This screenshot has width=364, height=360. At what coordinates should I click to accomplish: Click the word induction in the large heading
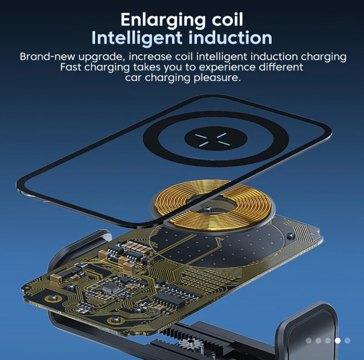coord(230,37)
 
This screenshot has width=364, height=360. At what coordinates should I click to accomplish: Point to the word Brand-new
coord(48,57)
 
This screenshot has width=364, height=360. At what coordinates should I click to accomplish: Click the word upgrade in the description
coord(102,57)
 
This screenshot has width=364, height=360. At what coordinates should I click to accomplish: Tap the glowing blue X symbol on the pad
coord(212,140)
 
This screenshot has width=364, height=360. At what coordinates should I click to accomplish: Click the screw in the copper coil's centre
coord(208,210)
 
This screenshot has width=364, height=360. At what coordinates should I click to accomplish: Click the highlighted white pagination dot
coord(337,340)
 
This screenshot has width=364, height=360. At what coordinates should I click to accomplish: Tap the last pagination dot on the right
coord(347,340)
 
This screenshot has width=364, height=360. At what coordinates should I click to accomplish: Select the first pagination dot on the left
coord(309,340)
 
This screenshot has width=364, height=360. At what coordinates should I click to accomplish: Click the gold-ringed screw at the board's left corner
coord(53,299)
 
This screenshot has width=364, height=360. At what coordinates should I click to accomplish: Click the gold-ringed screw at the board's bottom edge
coord(116,320)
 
